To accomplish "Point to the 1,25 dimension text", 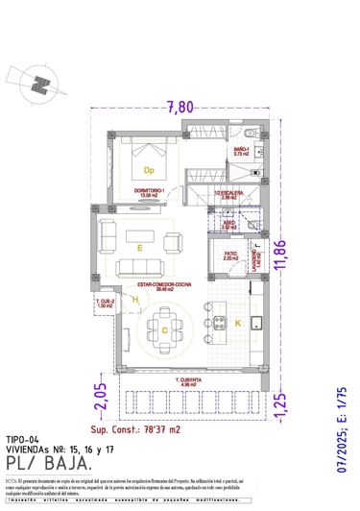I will point(280,402).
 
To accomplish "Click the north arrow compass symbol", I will point(38,84).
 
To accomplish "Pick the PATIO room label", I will point(230,255).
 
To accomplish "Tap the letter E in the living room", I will point(140,248).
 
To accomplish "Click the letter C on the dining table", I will point(164,331).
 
